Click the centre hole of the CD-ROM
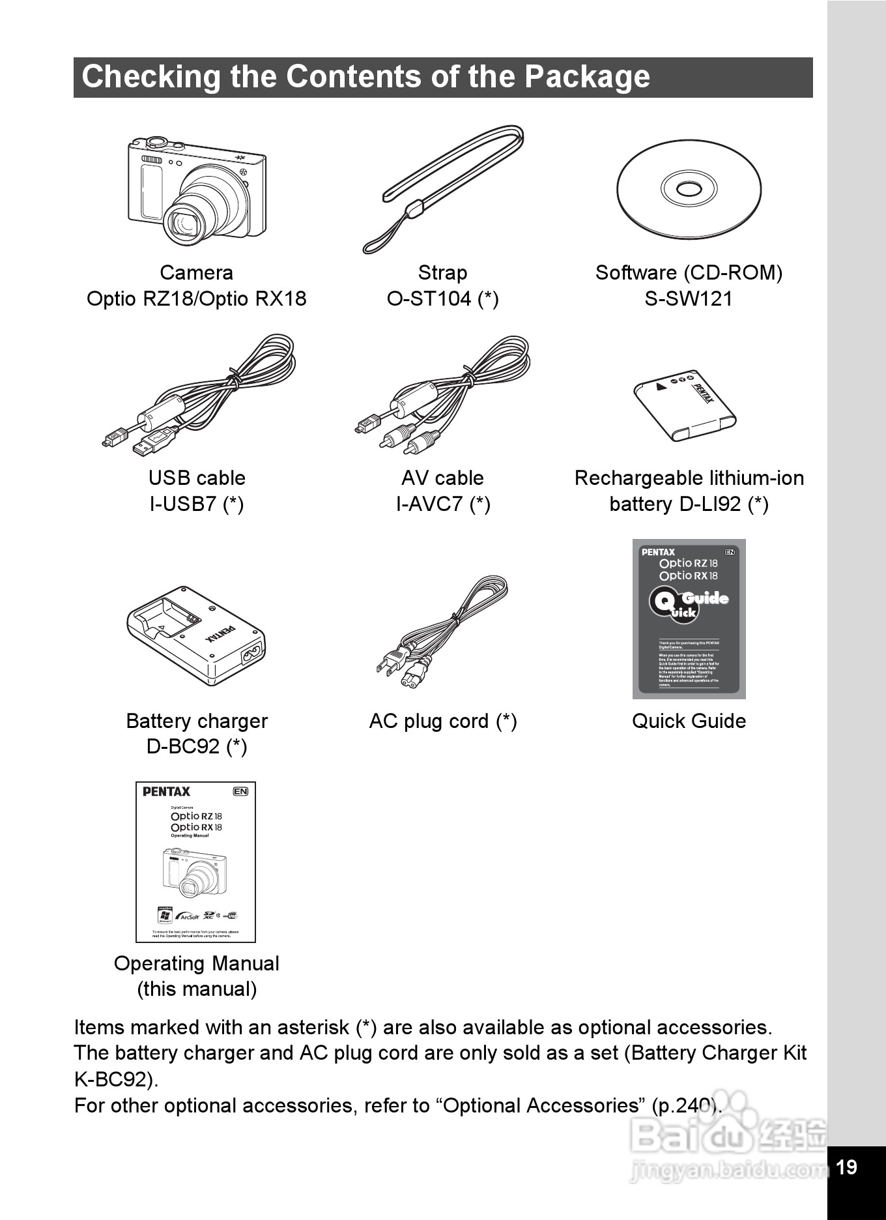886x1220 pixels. click(x=689, y=190)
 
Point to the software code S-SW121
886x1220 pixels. click(x=689, y=299)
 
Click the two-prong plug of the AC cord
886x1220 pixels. click(x=388, y=664)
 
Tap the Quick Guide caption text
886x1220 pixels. click(x=689, y=721)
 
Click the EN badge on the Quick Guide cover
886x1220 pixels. click(x=729, y=552)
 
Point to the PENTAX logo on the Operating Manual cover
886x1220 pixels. click(x=166, y=792)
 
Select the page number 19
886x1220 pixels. click(x=846, y=1167)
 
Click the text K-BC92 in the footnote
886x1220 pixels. click(x=113, y=1079)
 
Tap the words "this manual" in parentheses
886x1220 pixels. click(x=197, y=989)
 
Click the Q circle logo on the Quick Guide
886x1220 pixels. click(x=663, y=602)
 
